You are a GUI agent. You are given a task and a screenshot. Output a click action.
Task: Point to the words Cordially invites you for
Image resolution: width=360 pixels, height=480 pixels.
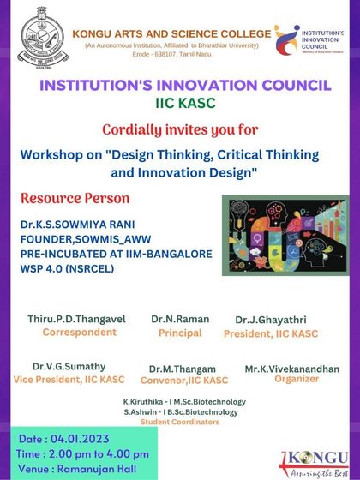click(x=181, y=129)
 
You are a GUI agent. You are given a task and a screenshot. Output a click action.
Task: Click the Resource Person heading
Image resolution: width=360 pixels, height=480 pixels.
click(x=75, y=199)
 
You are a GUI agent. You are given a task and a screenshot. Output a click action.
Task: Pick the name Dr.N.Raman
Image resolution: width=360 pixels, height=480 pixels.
click(x=180, y=319)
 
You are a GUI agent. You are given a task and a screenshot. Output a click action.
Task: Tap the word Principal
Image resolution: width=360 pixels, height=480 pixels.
click(x=180, y=332)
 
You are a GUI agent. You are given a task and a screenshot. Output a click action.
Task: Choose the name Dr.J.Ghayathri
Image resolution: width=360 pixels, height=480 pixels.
click(x=270, y=320)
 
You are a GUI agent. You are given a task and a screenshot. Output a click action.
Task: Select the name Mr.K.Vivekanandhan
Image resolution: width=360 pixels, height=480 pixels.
click(x=291, y=369)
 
